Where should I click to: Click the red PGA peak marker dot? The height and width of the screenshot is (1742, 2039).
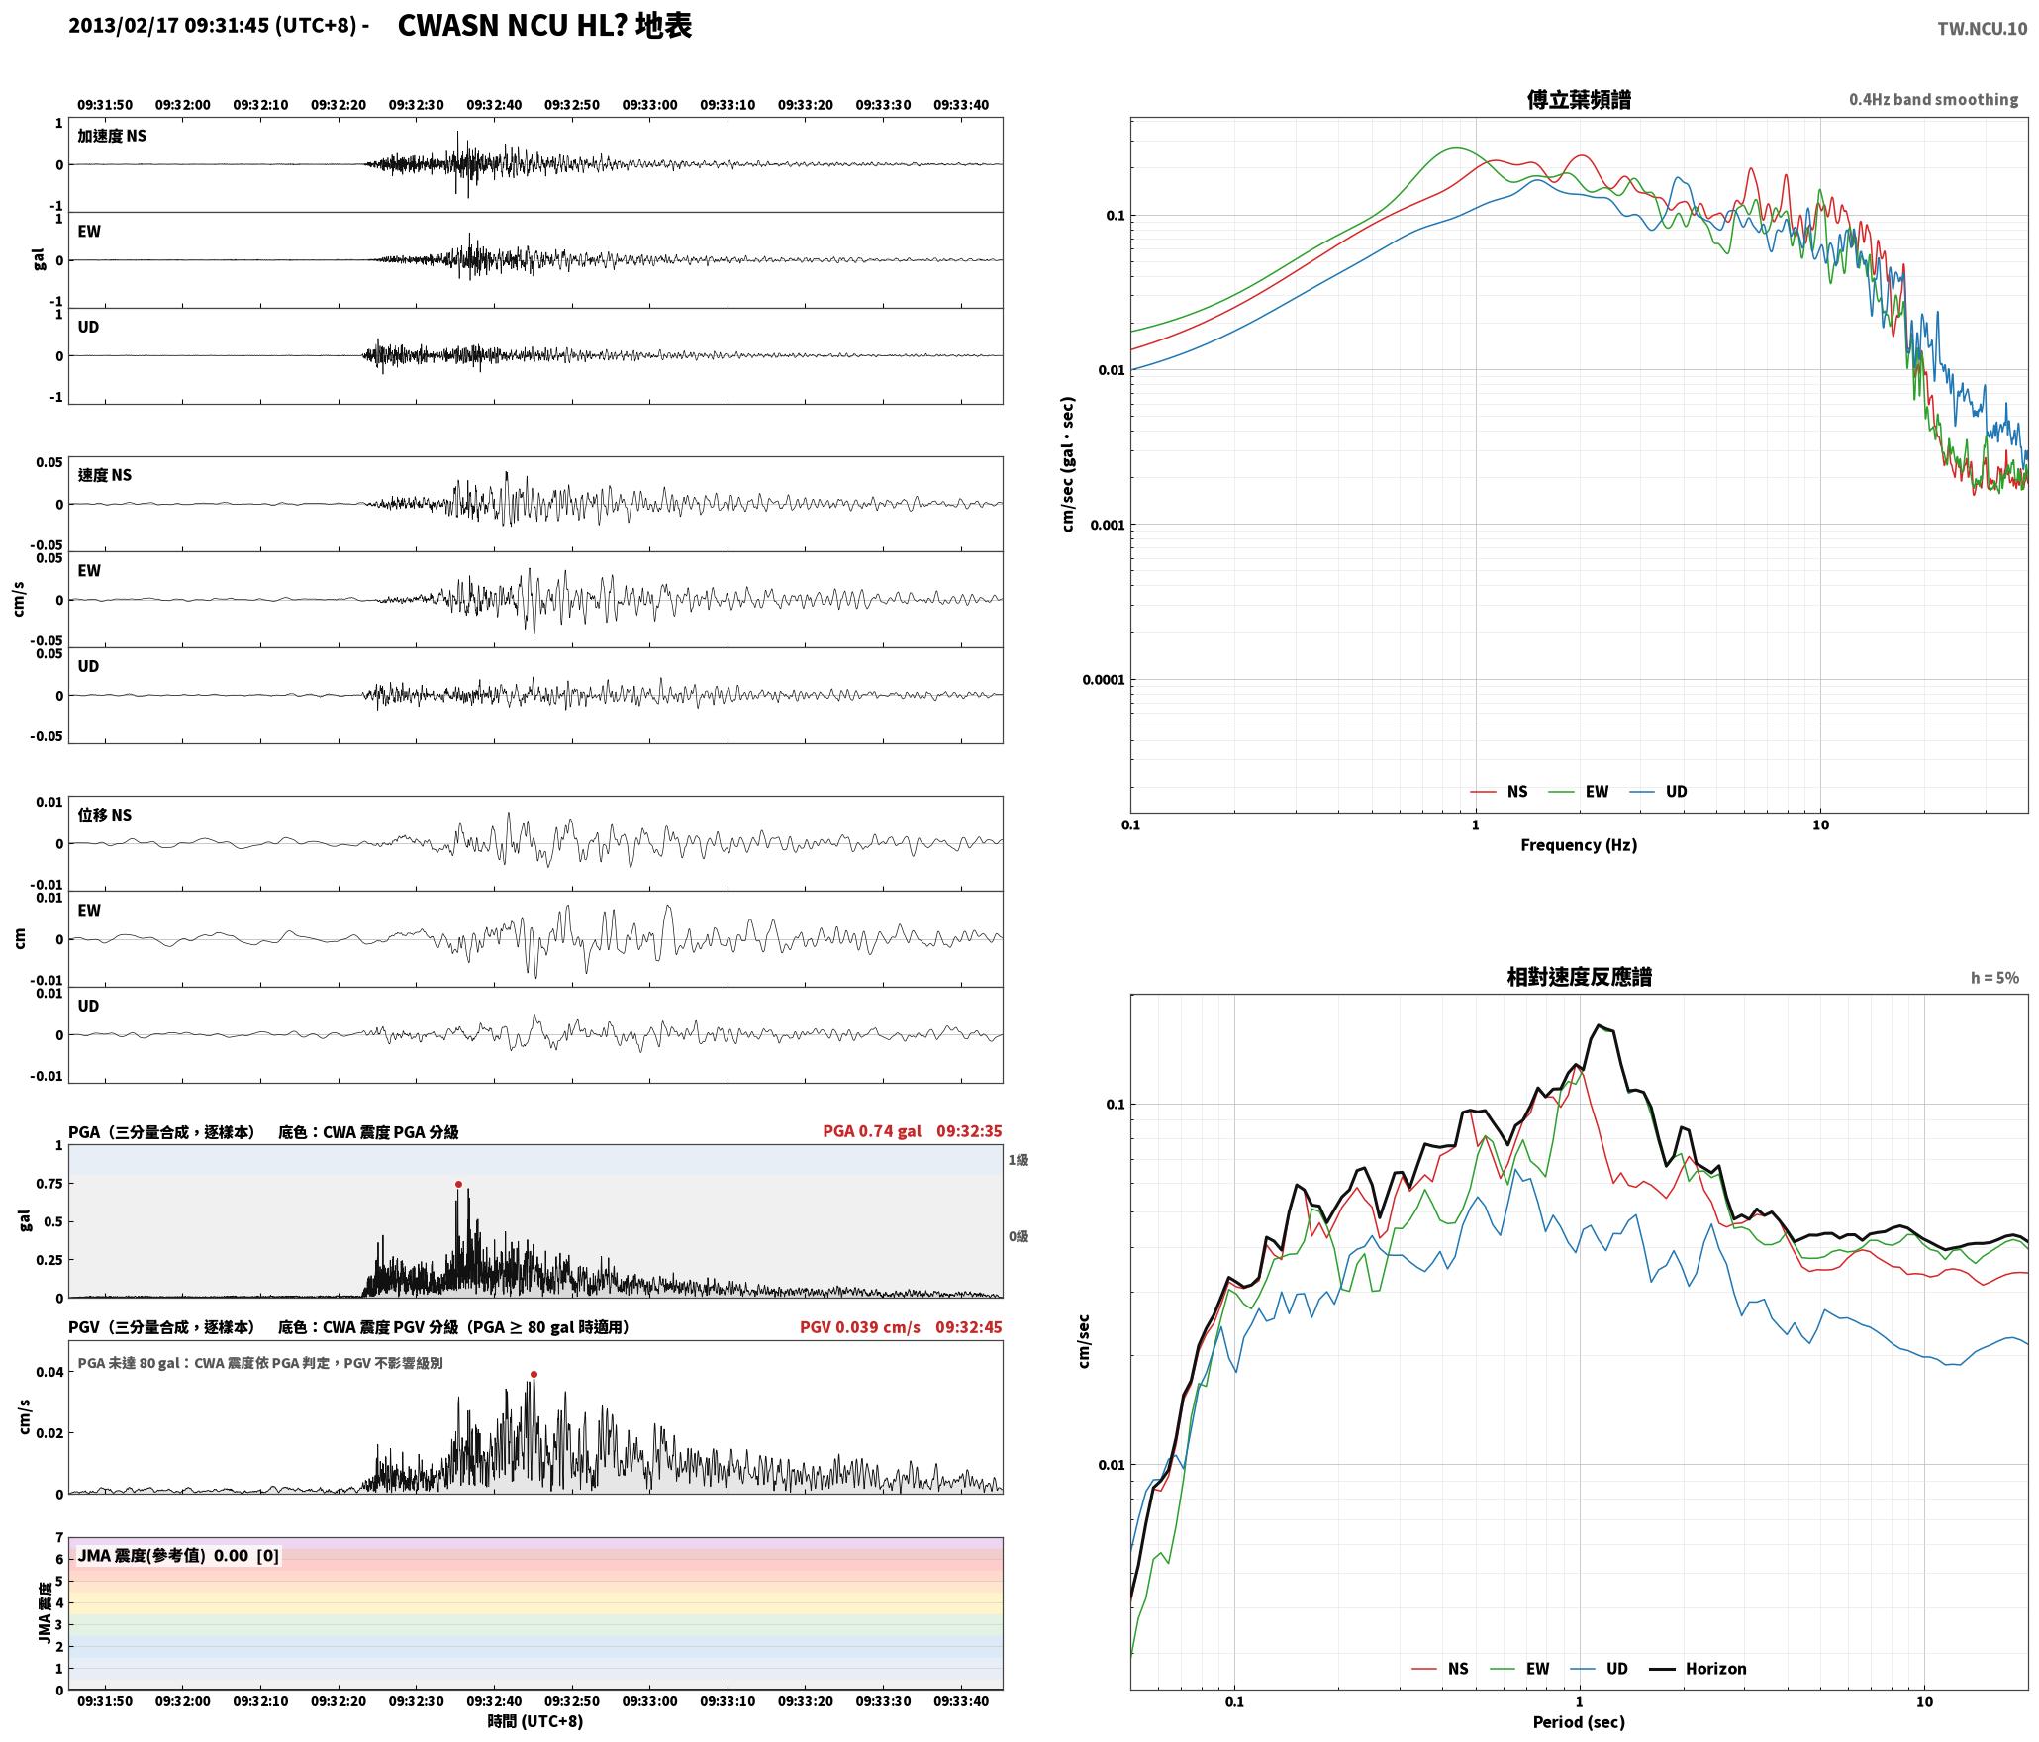coord(458,1184)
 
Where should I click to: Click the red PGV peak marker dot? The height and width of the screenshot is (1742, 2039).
coord(534,1374)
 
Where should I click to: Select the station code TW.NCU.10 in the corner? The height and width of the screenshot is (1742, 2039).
coord(1982,29)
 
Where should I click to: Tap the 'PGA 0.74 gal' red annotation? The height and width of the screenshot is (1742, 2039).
coord(871,1131)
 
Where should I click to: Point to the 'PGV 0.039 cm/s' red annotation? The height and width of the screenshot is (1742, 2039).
coord(859,1327)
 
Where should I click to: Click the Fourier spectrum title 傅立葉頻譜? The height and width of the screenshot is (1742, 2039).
coord(1579,100)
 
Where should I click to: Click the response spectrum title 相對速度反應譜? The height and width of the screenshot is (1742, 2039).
coord(1579,977)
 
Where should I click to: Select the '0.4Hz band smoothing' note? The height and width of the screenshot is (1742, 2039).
coord(1933,100)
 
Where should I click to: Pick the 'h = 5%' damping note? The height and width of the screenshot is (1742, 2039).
coord(1994,978)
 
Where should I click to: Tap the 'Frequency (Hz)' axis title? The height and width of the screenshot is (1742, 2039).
coord(1579,845)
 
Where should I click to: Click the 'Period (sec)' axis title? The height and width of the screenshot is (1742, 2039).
coord(1579,1722)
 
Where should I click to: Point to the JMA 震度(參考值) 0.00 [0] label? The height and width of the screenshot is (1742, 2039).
coord(178,1556)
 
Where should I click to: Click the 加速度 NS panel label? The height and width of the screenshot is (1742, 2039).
coord(112,136)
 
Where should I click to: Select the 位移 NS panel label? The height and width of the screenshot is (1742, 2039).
coord(105,815)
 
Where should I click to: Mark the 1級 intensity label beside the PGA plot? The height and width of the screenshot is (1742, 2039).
coord(1019,1160)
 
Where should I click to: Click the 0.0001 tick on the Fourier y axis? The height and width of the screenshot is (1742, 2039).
coord(1102,680)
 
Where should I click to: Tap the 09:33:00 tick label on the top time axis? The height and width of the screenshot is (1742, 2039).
coord(649,105)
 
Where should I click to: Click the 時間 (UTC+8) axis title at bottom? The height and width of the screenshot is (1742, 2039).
coord(535,1722)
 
